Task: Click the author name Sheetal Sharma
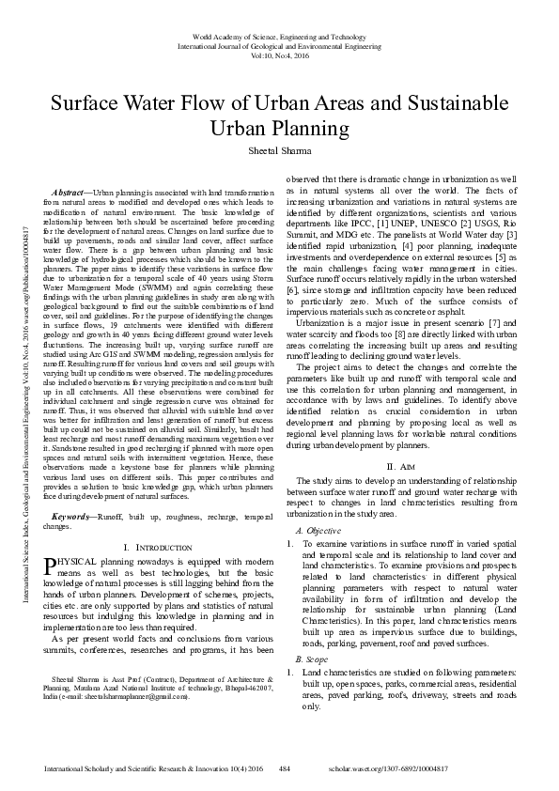pyautogui.click(x=279, y=150)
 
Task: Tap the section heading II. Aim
pyautogui.click(x=401, y=467)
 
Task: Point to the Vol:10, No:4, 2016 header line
pyautogui.click(x=279, y=54)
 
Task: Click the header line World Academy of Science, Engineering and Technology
pyautogui.click(x=279, y=32)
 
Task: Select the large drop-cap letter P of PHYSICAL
pyautogui.click(x=50, y=566)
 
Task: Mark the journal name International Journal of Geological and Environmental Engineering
pyautogui.click(x=279, y=43)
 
